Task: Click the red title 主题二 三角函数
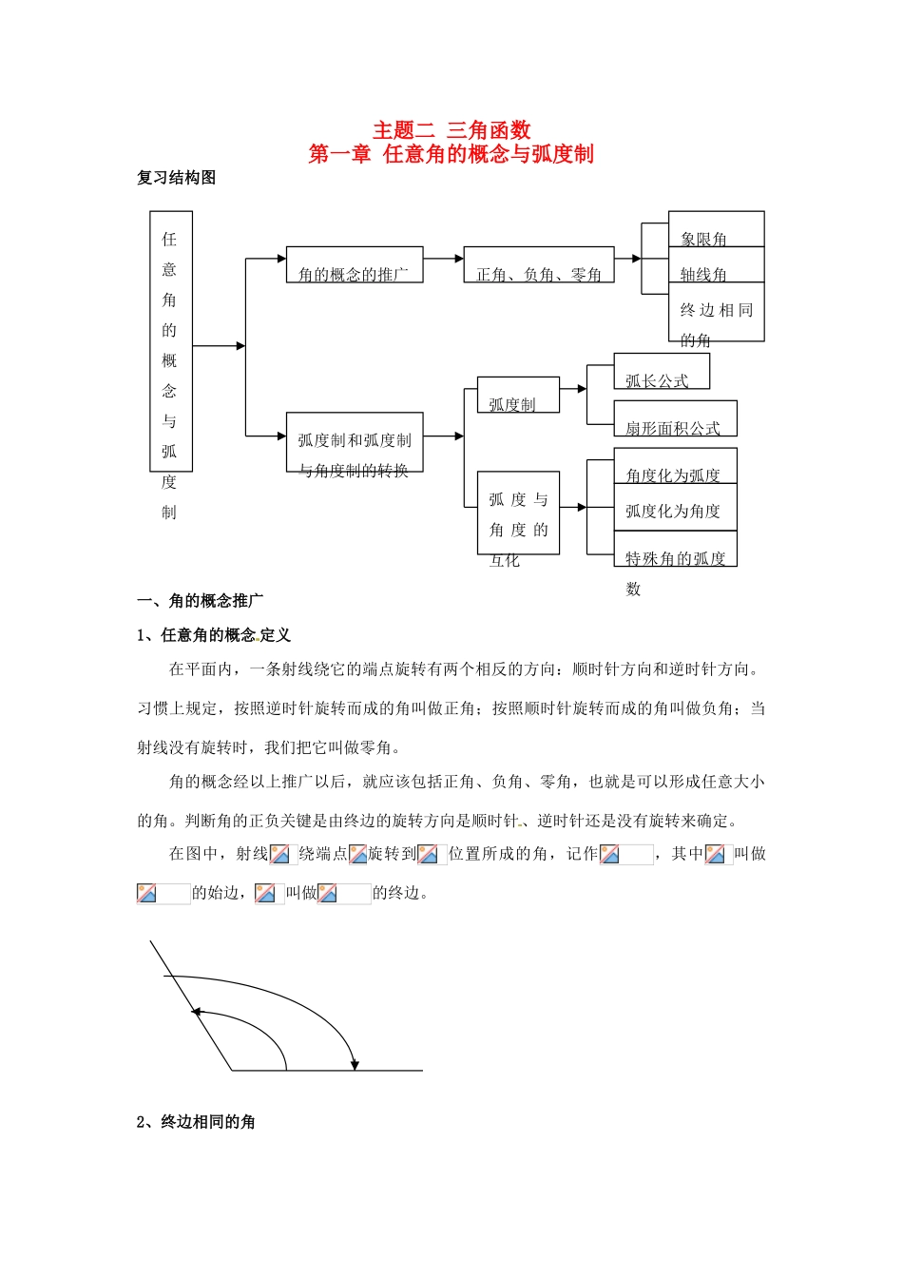(451, 130)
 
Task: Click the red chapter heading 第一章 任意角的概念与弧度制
(451, 154)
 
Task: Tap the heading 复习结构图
(177, 178)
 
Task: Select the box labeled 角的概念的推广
(354, 265)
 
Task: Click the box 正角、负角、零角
(538, 265)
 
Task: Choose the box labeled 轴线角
(716, 265)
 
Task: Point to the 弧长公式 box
(661, 372)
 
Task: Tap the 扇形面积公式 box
(675, 419)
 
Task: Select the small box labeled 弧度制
(517, 395)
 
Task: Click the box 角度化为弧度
(675, 466)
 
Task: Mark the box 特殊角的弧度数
(675, 550)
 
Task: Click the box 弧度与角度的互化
(518, 513)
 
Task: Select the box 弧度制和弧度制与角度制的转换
(354, 442)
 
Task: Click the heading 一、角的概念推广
(201, 601)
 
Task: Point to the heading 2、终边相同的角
(196, 1122)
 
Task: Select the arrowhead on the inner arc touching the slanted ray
(196, 1013)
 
